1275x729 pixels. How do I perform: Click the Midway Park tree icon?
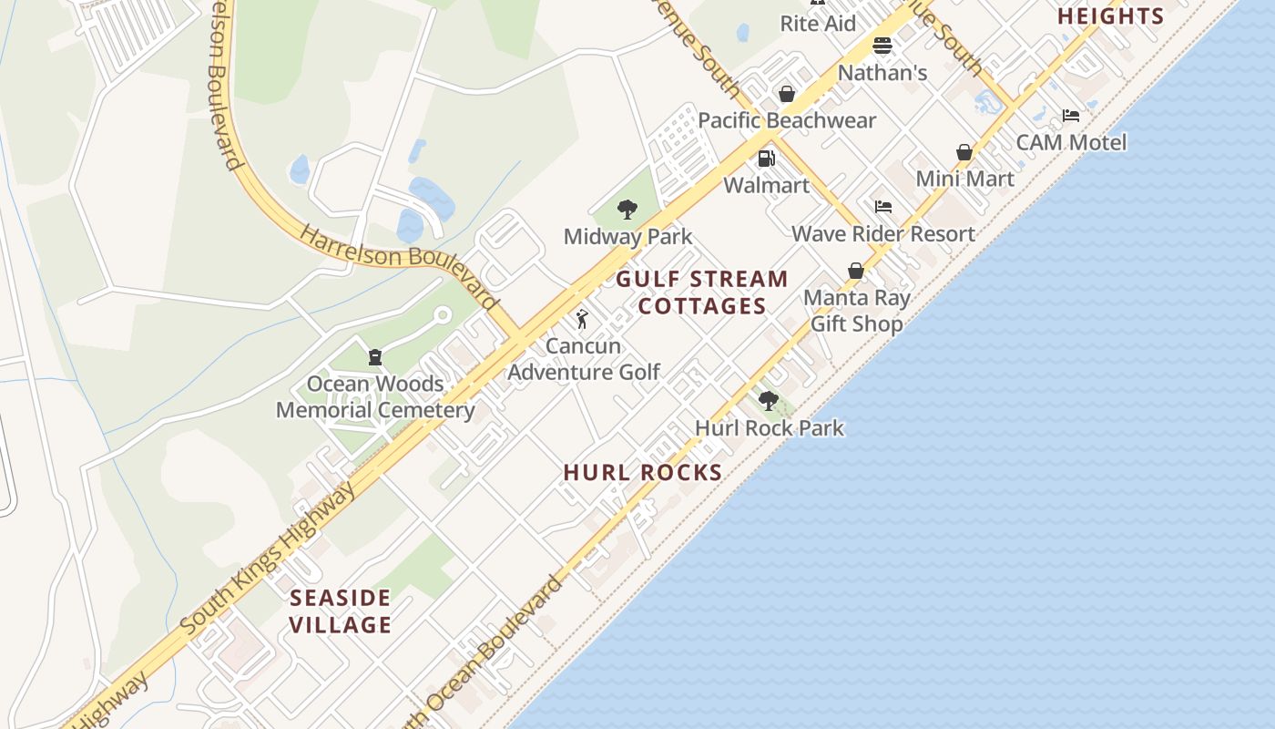pyautogui.click(x=627, y=210)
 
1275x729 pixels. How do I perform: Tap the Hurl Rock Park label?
pyautogui.click(x=769, y=427)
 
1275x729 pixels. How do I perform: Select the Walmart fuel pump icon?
pyautogui.click(x=767, y=159)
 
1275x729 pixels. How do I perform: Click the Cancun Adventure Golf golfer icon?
pyautogui.click(x=582, y=319)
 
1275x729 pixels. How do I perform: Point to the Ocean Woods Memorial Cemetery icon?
pyautogui.click(x=374, y=356)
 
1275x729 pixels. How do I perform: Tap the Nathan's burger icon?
pyautogui.click(x=882, y=46)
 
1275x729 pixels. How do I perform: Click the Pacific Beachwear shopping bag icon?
pyautogui.click(x=787, y=94)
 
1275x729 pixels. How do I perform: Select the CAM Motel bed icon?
pyautogui.click(x=1071, y=116)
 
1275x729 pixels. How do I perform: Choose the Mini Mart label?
pyautogui.click(x=964, y=179)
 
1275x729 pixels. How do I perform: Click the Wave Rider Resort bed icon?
pyautogui.click(x=882, y=207)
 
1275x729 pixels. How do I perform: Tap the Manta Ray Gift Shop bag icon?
pyautogui.click(x=855, y=271)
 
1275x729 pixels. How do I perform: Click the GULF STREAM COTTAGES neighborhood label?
pyautogui.click(x=702, y=293)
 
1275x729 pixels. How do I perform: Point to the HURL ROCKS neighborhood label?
pyautogui.click(x=643, y=472)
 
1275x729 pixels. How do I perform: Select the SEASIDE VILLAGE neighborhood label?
pyautogui.click(x=341, y=611)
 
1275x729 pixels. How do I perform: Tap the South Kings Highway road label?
pyautogui.click(x=269, y=559)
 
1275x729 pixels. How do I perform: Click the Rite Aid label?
pyautogui.click(x=818, y=24)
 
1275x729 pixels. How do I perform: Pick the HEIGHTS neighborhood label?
pyautogui.click(x=1110, y=16)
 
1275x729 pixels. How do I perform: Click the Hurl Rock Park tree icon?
pyautogui.click(x=769, y=400)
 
